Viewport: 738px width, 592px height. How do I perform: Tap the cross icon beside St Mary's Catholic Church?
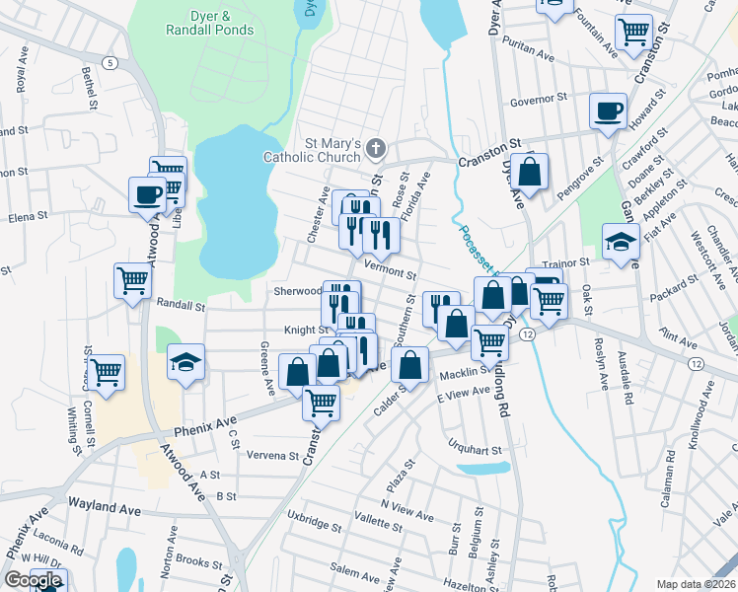tap(375, 149)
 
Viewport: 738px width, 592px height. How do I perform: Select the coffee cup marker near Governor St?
tap(608, 111)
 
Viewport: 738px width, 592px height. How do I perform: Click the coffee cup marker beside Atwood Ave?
tap(147, 194)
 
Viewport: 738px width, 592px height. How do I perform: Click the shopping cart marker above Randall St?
tap(132, 281)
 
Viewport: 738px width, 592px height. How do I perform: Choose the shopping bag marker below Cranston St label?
tap(529, 172)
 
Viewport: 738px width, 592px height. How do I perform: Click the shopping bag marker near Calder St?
tap(409, 364)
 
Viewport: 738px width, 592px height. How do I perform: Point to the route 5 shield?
tap(112, 63)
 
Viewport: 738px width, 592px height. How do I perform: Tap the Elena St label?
tap(28, 217)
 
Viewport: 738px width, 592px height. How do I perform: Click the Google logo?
tap(34, 580)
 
